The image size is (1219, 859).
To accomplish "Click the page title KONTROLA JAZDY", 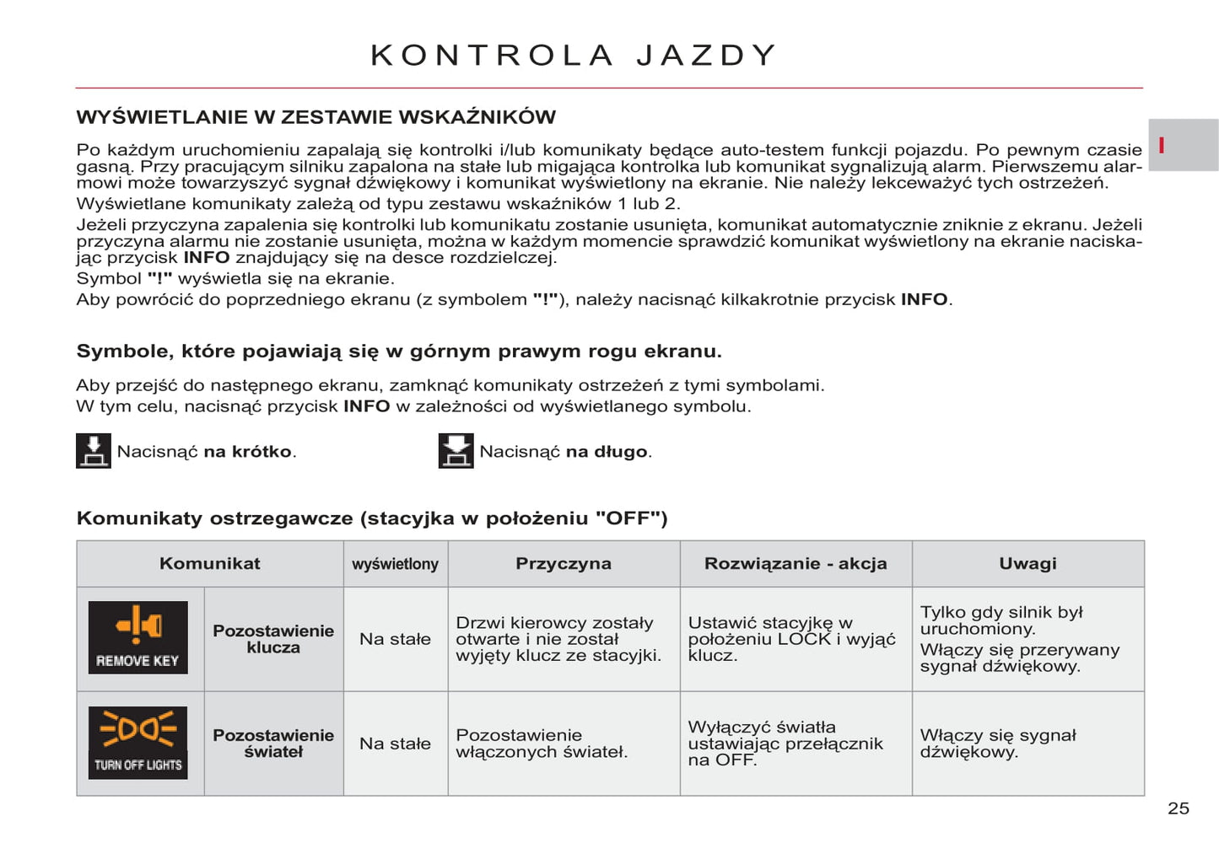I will pos(574,56).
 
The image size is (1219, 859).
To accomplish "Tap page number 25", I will pos(1178,808).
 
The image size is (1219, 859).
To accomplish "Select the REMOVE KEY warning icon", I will pos(138,637).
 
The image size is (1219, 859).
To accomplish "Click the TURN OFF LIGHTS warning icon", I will pos(138,743).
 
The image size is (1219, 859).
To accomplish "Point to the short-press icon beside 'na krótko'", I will pos(94,451).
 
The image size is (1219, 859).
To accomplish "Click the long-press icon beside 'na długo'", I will pos(456,451).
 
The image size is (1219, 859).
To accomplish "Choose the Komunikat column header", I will pos(209,564).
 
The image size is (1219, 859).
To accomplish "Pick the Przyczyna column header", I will pos(564,564).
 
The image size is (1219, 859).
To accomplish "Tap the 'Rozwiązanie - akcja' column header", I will pos(796,564).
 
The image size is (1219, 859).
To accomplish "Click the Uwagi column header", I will pos(1028,564).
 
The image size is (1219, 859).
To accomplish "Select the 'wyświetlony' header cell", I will pos(395,564).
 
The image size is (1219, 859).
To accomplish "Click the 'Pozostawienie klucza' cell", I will pos(273,639).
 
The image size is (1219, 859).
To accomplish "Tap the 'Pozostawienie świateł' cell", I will pos(273,744).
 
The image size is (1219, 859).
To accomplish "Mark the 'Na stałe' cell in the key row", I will pos(395,639).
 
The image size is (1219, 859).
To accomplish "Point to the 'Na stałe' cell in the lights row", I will pos(395,744).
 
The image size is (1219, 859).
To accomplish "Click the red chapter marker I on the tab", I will pos(1162,145).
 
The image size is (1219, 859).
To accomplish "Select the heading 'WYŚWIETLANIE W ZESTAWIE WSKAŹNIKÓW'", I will pos(316,117).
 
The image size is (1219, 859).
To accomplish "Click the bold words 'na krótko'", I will pos(247,452).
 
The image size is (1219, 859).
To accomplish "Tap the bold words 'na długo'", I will pos(606,452).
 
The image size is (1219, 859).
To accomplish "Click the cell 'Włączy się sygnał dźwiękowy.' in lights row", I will pos(998,744).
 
